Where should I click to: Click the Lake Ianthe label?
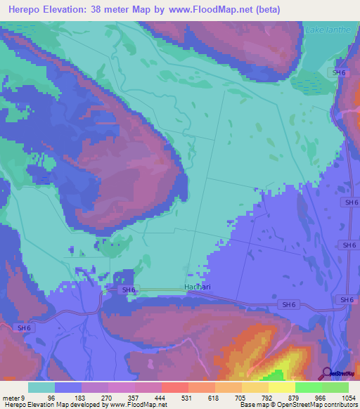pyautogui.click(x=330, y=29)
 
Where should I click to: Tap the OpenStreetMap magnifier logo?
pyautogui.click(x=326, y=373)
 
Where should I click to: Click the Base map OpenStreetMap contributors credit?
pyautogui.click(x=297, y=405)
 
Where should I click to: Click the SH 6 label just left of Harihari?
pyautogui.click(x=128, y=290)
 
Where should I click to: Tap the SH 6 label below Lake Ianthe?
pyautogui.click(x=340, y=72)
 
